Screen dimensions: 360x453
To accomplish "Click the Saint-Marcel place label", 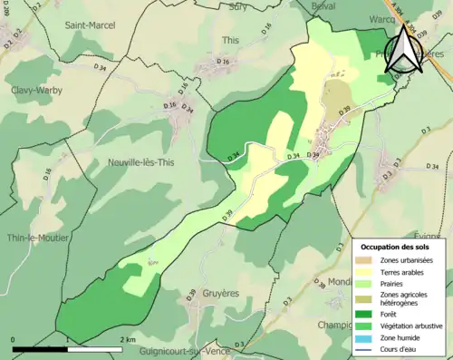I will [90, 25].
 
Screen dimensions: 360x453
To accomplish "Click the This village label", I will [230, 41].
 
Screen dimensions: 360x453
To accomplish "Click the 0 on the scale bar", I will [14, 339].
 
